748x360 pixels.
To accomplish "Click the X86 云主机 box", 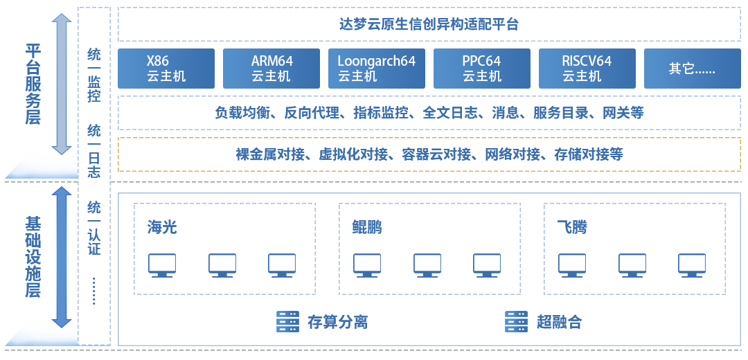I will (166, 69).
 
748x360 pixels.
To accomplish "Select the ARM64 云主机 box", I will (271, 69).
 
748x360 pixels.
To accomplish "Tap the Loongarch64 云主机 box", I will (377, 69).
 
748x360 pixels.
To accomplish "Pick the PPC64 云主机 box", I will (482, 69).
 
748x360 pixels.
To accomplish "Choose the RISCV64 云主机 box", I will (587, 69).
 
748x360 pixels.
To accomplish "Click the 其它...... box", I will (692, 69).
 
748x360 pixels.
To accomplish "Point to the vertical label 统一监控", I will (94, 75).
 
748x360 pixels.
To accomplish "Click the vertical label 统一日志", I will (94, 151).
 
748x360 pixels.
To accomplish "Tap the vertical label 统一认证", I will (94, 228).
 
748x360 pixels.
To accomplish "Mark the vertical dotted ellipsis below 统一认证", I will (94, 291).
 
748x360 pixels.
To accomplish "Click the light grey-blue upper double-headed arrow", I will (62, 83).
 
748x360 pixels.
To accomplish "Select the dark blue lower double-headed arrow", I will (62, 256).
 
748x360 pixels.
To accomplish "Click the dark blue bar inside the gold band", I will (429, 154).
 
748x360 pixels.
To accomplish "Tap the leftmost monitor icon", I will (162, 265).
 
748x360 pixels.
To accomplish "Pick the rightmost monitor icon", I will (692, 265).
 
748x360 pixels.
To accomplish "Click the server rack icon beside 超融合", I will (516, 321).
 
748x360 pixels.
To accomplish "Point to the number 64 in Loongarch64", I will (407, 61).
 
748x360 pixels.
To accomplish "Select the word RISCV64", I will (587, 61).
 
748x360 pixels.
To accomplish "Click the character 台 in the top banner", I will (513, 24).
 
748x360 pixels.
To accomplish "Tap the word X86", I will (158, 61).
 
